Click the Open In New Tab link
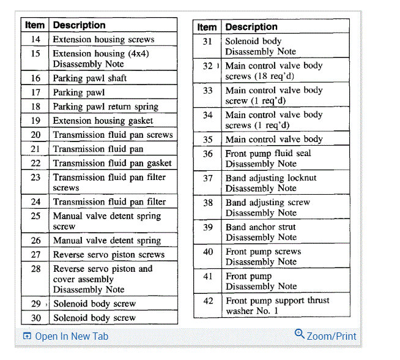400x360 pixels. click(72, 336)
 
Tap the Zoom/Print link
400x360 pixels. click(331, 336)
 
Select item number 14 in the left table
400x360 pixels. click(35, 39)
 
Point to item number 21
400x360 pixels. click(35, 149)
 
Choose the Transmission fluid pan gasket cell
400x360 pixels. click(112, 163)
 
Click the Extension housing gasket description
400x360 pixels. click(103, 121)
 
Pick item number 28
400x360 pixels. click(35, 269)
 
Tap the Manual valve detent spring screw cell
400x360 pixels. click(106, 221)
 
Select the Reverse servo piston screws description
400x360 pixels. click(108, 255)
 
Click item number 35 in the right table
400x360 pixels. click(208, 140)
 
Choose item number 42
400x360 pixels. click(209, 301)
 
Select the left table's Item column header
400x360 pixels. click(35, 25)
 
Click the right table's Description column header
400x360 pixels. click(251, 27)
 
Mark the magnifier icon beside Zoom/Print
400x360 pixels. click(299, 334)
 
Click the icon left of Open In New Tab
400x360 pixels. click(26, 336)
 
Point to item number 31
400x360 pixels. click(208, 42)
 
